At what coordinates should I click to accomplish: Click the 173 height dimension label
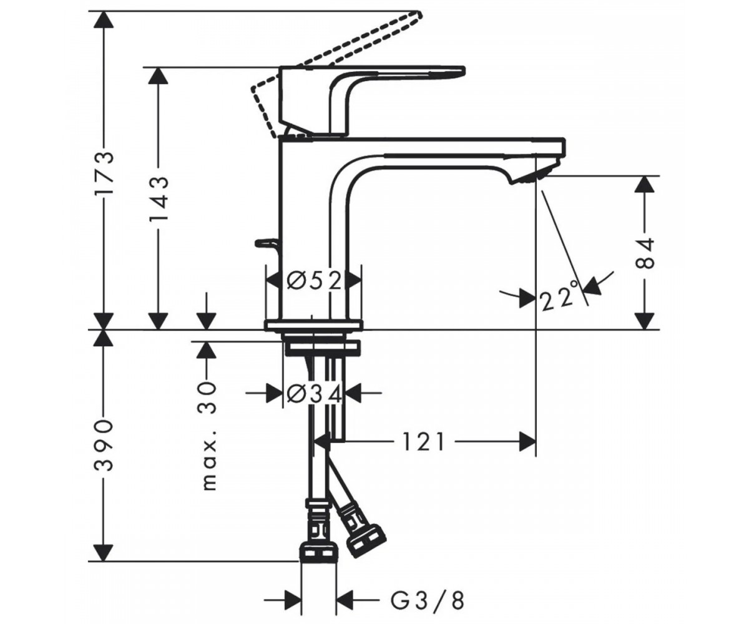click(x=104, y=172)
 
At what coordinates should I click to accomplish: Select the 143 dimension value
click(x=158, y=198)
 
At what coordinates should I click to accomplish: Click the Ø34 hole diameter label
click(x=315, y=394)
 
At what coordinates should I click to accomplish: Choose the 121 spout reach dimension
click(x=423, y=441)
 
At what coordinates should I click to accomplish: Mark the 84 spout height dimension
click(x=645, y=253)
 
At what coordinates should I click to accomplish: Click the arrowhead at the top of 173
click(x=104, y=19)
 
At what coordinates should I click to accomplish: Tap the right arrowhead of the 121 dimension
click(x=527, y=442)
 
